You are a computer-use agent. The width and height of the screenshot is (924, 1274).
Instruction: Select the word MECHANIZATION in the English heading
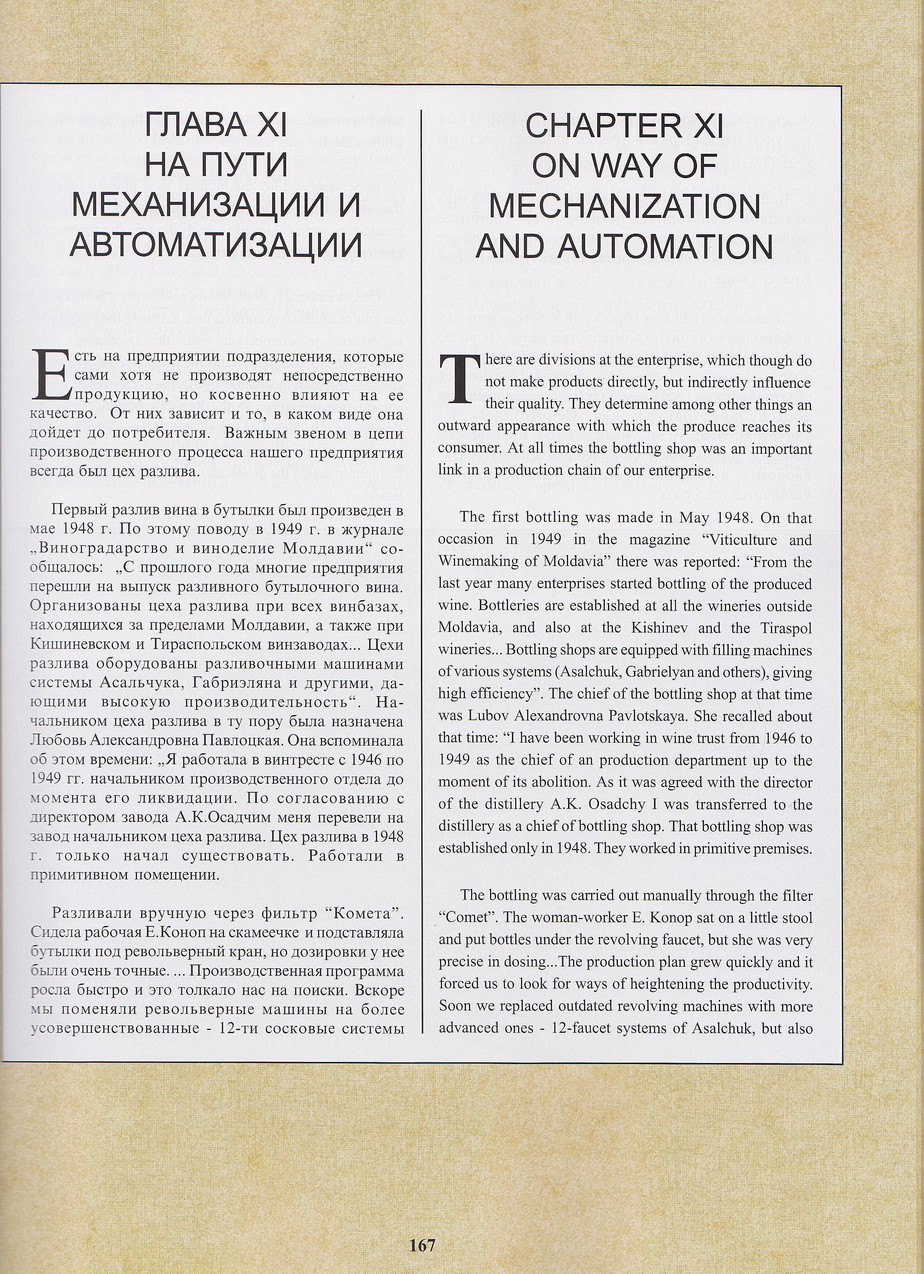[x=625, y=206]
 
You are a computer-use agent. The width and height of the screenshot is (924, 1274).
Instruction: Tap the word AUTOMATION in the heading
[x=667, y=247]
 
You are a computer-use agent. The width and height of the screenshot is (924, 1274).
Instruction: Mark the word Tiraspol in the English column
[x=786, y=628]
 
